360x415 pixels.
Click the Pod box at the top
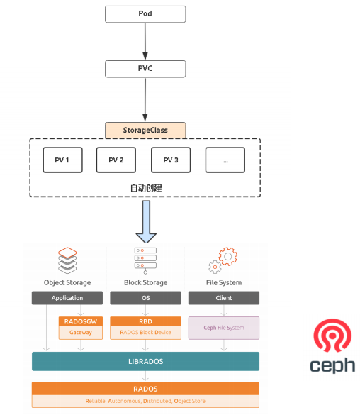(145, 14)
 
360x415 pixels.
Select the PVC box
(145, 69)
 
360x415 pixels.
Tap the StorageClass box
(145, 131)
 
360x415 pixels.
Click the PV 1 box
(62, 160)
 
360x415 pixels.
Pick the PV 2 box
(116, 160)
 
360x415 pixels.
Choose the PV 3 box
(171, 160)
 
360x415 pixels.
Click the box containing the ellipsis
(225, 160)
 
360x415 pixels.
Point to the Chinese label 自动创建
(146, 188)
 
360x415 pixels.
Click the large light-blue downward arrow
(146, 222)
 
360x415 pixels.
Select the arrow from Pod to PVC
(145, 41)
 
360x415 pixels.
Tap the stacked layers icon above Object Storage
(67, 260)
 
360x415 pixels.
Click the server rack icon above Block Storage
(145, 260)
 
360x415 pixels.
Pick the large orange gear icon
(228, 256)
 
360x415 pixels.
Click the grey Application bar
(67, 298)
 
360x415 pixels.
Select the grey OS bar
(146, 298)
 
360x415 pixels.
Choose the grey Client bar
(224, 298)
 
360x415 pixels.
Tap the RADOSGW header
(81, 321)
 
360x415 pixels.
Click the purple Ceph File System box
(224, 328)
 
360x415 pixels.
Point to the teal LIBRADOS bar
(146, 361)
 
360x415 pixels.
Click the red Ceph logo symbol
(332, 336)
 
